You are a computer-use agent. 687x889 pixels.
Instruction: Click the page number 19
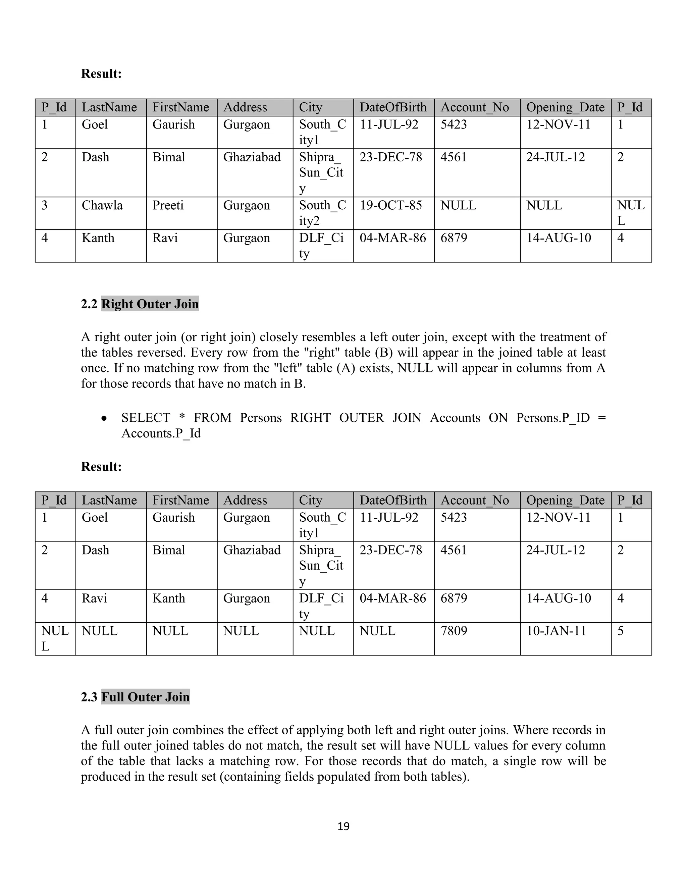point(343,826)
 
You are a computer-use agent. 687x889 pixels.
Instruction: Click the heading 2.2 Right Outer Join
point(140,304)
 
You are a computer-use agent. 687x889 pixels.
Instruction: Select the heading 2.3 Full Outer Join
point(135,696)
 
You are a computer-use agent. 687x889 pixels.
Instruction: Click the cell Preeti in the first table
point(168,205)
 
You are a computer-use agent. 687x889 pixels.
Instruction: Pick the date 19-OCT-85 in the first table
point(390,205)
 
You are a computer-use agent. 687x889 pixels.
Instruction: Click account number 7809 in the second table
point(454,631)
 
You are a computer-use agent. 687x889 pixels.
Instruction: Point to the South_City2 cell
point(322,213)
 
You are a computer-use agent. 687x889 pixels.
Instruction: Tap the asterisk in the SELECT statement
point(182,418)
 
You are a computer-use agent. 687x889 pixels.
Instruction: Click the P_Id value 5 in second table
point(620,631)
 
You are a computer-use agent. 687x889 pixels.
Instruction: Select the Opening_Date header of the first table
point(565,107)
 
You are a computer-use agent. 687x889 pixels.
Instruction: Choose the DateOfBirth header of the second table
point(393,500)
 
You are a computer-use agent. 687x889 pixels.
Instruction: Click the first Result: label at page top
point(101,74)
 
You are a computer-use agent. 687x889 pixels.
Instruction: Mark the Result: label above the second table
point(101,467)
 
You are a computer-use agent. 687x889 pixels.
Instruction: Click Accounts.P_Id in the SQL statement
point(161,433)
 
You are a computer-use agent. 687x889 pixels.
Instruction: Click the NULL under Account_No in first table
point(458,205)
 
